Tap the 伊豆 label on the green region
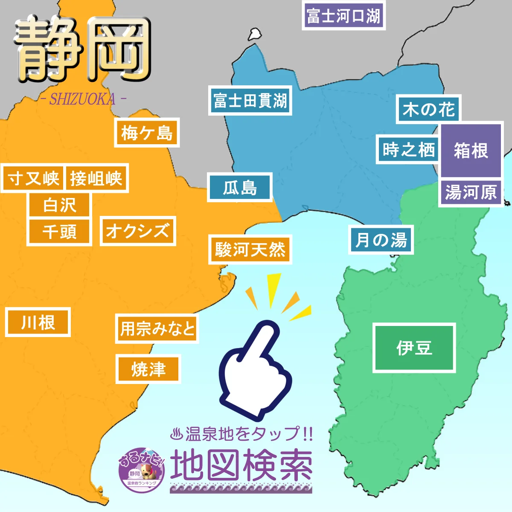tap(414, 348)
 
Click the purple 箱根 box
tap(471, 151)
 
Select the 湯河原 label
tap(471, 192)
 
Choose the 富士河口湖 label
tap(343, 16)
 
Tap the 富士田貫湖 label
tap(250, 101)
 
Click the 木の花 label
tap(428, 109)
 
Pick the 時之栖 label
tap(408, 149)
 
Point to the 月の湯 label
tap(381, 240)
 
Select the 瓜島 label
tap(240, 187)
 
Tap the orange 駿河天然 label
tap(250, 249)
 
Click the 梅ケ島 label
tap(147, 133)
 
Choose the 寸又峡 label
tap(33, 178)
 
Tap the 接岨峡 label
tap(96, 178)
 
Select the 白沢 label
tap(59, 205)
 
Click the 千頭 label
tap(59, 232)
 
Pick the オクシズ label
tap(137, 231)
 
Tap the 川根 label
tap(38, 322)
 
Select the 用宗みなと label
tap(157, 329)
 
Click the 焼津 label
tap(148, 369)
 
